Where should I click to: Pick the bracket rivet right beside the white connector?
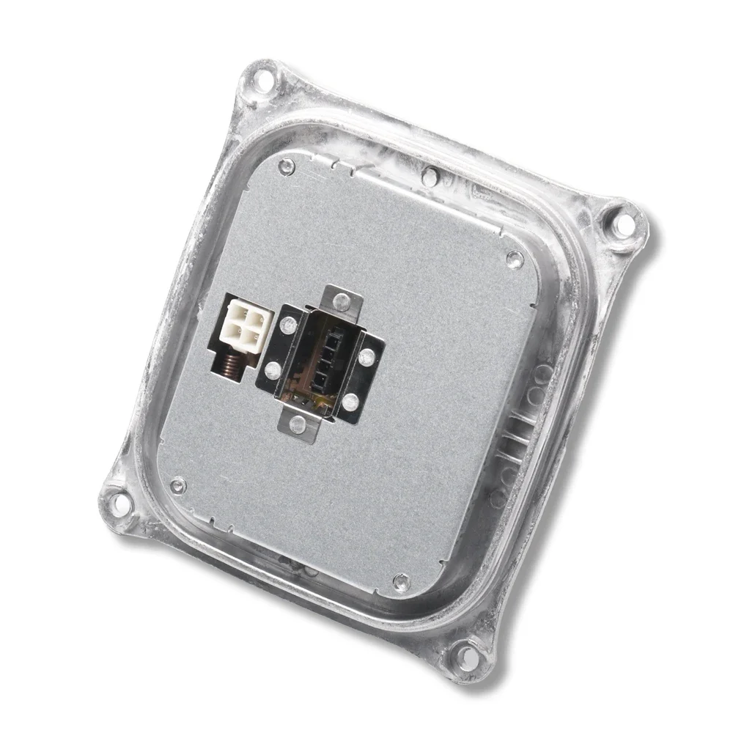[x=284, y=323]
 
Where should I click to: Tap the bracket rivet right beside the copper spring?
[x=272, y=369]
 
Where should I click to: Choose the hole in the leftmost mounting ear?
[x=111, y=503]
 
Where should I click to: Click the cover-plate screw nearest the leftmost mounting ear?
[x=177, y=483]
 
